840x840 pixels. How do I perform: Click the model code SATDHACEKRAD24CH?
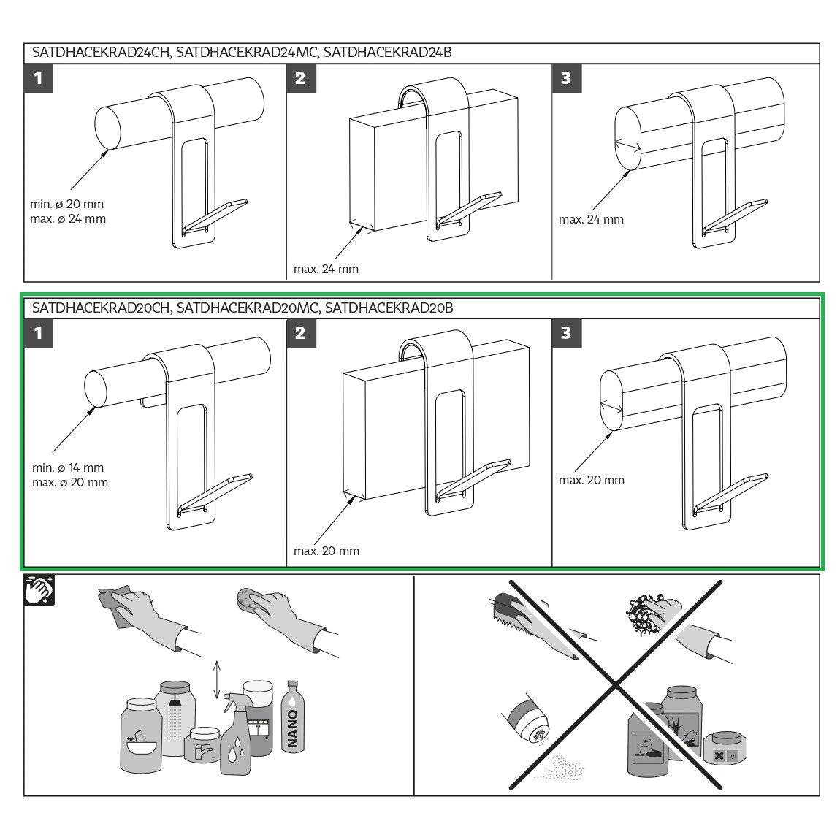tap(101, 53)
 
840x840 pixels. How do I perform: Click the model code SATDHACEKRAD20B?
tap(389, 308)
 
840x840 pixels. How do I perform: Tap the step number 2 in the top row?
tap(300, 79)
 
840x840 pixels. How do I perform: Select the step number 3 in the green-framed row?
tap(566, 333)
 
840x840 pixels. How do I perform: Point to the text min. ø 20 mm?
tap(67, 204)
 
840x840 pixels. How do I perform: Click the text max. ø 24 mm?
tap(68, 218)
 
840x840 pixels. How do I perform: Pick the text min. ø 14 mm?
tap(68, 467)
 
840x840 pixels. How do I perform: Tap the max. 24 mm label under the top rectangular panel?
tap(326, 269)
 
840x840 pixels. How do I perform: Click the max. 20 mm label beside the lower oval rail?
tap(592, 480)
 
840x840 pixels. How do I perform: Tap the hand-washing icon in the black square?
tap(39, 590)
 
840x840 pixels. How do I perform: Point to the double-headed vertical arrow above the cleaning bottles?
tap(216, 680)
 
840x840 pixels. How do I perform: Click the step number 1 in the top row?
tap(38, 79)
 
